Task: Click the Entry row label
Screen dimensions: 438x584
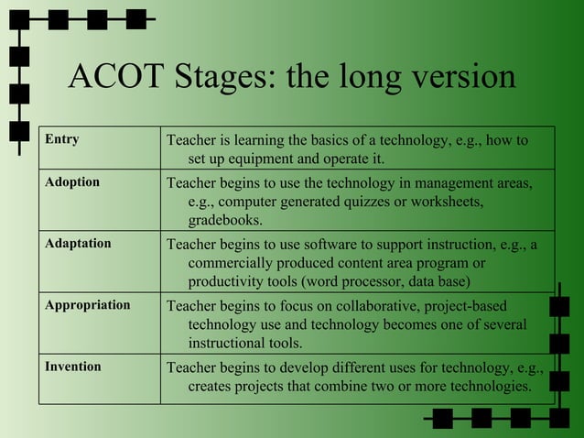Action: tap(62, 140)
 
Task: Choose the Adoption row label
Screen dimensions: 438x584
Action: tap(72, 182)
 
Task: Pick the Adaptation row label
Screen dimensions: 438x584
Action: tap(78, 244)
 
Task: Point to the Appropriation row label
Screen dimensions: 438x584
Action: tap(88, 305)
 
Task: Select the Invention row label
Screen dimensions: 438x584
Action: tap(73, 367)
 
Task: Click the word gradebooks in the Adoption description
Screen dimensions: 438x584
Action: tap(225, 220)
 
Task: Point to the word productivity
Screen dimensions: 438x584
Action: tap(227, 280)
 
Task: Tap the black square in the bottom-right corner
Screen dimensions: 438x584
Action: tap(559, 418)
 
